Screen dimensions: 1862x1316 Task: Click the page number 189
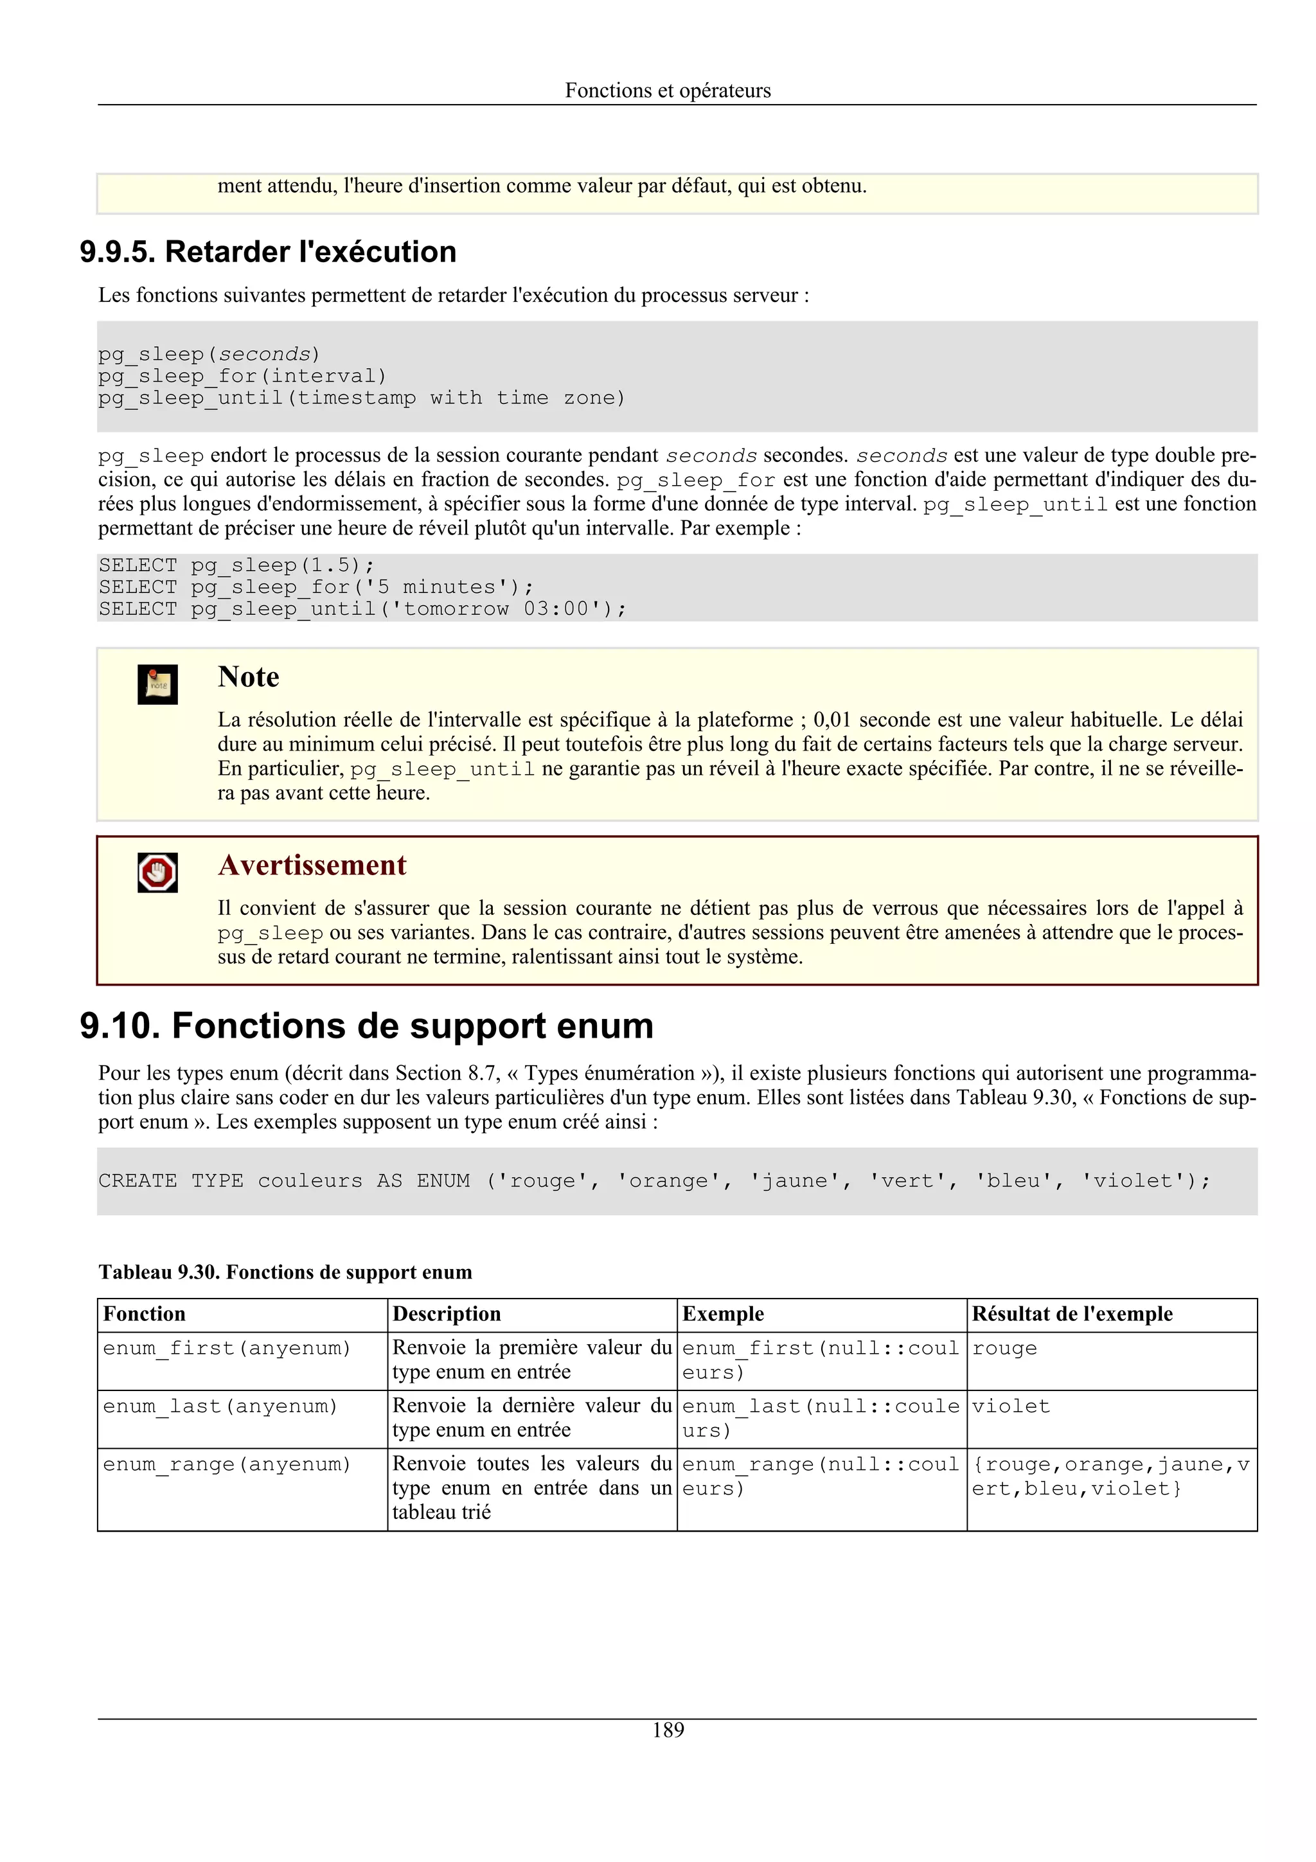point(668,1730)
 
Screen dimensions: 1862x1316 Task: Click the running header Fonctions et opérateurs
point(668,90)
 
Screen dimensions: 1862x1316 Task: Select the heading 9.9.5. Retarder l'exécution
point(267,253)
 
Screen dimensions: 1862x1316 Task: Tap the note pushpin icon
point(157,684)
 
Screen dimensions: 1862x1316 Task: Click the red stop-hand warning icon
point(157,873)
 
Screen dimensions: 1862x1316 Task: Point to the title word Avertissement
point(312,865)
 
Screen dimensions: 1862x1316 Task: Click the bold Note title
point(248,677)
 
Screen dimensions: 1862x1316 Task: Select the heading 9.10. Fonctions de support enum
point(366,1026)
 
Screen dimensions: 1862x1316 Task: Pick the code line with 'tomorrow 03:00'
point(362,609)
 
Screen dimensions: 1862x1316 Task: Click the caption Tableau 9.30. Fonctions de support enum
point(285,1272)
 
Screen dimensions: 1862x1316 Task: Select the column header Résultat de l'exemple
point(1072,1314)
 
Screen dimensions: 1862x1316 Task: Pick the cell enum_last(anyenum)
point(220,1406)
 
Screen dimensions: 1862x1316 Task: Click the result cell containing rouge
point(1004,1349)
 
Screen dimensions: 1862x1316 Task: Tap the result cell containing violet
point(1010,1406)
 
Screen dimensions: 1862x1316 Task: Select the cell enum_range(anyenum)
point(226,1465)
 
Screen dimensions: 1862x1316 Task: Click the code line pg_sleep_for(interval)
point(242,377)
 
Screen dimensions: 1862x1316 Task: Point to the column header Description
point(446,1314)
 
